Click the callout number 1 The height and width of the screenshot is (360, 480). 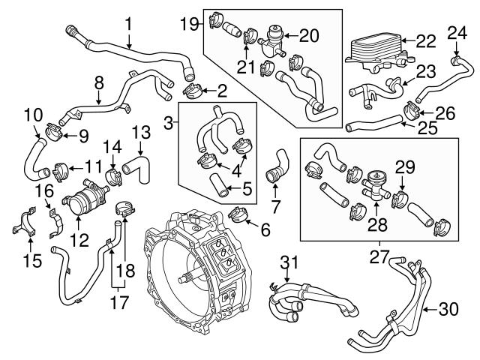[x=128, y=24]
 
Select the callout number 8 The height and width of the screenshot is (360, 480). [x=98, y=81]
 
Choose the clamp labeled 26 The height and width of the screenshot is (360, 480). [x=411, y=110]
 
